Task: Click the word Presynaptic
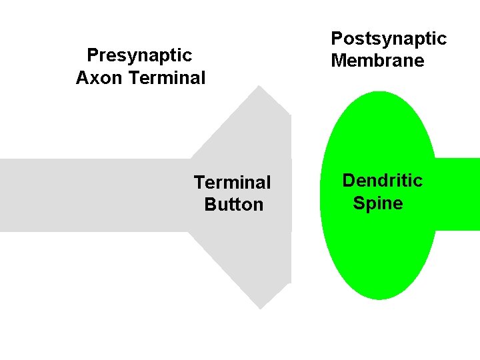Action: tap(139, 55)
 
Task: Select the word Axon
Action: tap(99, 78)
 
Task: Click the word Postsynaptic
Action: tap(388, 39)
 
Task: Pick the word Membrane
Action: tap(377, 61)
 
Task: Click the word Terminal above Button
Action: tap(232, 182)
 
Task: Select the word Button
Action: tap(234, 205)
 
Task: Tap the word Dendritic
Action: tap(382, 181)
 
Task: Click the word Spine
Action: tap(378, 203)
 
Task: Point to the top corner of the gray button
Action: tap(260, 87)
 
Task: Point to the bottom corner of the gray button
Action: tap(260, 308)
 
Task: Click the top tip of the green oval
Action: tap(378, 93)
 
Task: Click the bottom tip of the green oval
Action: tap(378, 299)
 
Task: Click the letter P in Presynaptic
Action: tap(92, 54)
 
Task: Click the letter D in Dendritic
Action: tap(349, 181)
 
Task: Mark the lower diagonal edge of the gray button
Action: tap(224, 270)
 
